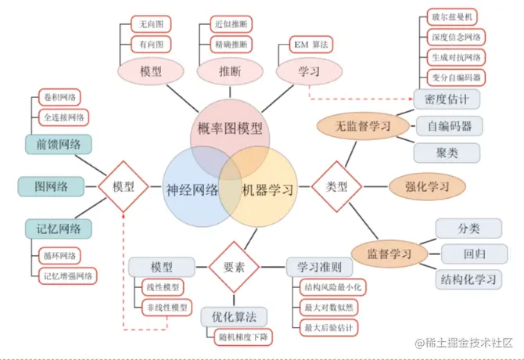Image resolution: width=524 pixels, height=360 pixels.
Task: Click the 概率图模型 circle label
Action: pos(231,127)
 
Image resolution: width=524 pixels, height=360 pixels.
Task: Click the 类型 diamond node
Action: pos(336,186)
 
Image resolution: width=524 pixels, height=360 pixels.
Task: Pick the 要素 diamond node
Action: pos(234,266)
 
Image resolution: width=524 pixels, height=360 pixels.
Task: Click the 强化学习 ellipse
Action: pos(427,186)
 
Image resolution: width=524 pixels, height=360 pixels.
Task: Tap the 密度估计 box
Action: pos(447,99)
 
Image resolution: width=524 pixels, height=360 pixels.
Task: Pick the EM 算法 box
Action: pos(310,44)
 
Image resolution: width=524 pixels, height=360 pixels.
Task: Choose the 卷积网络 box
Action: pos(61,98)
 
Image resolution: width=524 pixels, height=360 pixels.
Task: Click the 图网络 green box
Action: pos(51,186)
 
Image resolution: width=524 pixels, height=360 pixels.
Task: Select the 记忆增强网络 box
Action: pos(66,275)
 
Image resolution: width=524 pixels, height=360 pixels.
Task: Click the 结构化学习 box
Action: pos(469,279)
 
